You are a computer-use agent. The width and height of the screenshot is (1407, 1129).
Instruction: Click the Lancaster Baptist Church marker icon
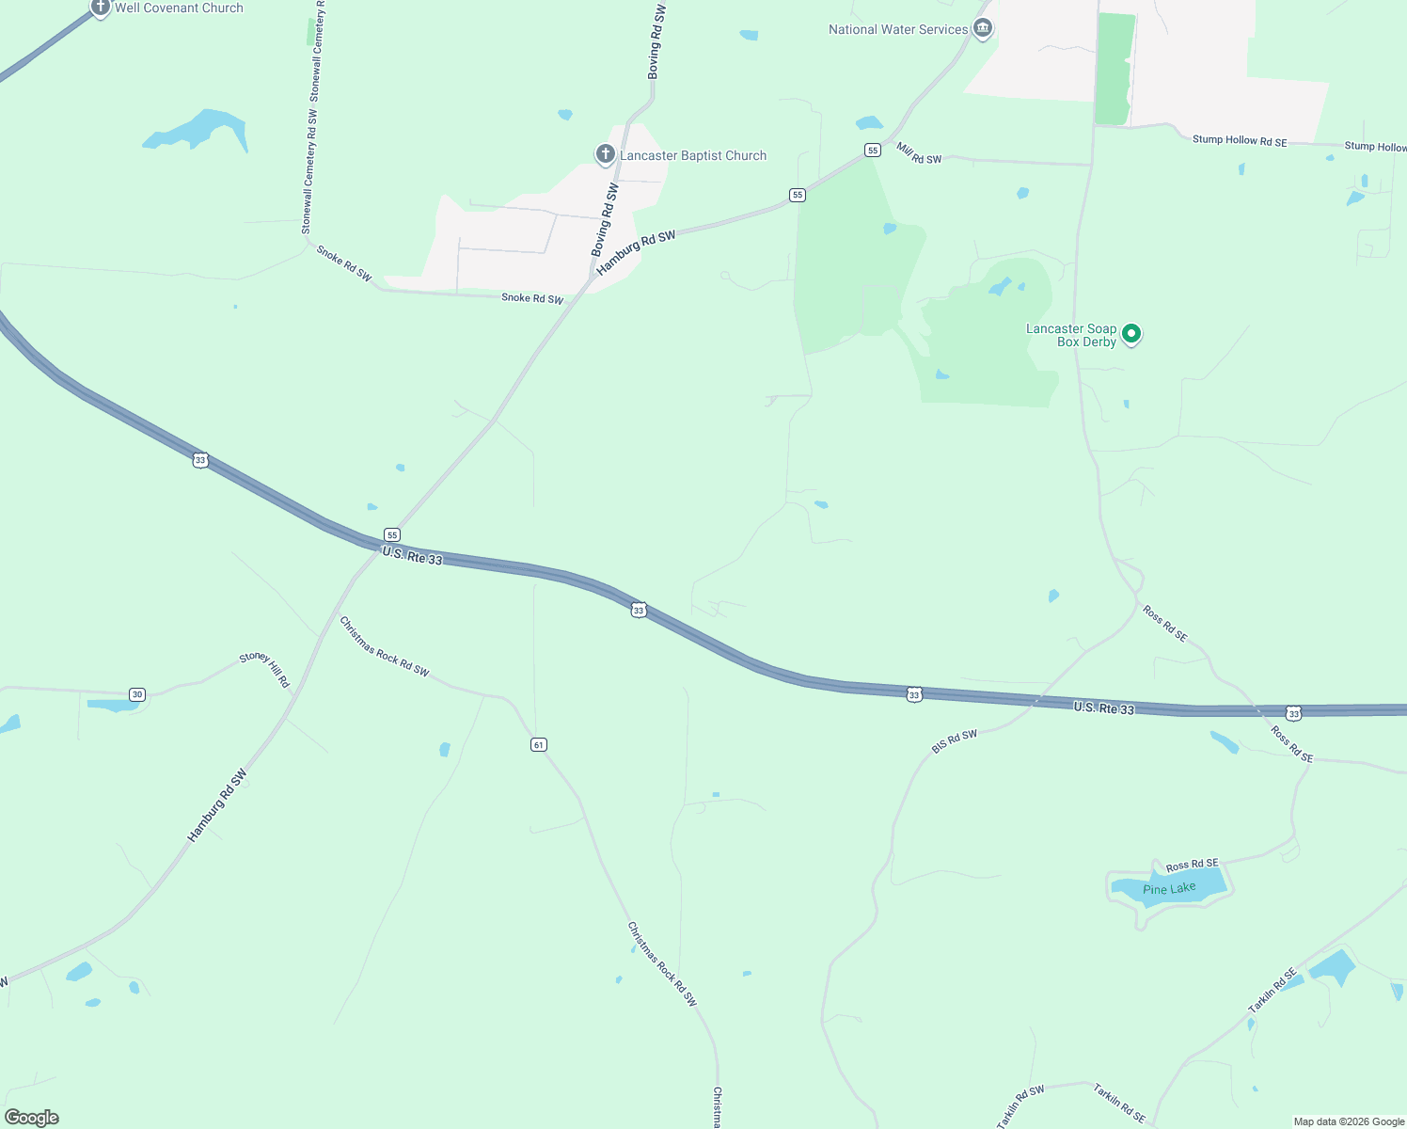(x=606, y=153)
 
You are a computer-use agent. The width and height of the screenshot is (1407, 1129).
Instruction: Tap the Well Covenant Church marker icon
(x=101, y=8)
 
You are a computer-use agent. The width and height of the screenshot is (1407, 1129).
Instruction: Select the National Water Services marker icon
(x=983, y=28)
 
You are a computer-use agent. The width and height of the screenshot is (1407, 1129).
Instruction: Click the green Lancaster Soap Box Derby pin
(x=1132, y=334)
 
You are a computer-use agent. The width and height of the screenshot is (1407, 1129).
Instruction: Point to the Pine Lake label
(x=1169, y=889)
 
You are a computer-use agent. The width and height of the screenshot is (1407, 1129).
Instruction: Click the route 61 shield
(x=538, y=744)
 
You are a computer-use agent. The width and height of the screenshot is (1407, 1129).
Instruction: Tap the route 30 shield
(x=137, y=694)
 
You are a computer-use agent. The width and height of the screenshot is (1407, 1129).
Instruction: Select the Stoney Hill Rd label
(x=265, y=669)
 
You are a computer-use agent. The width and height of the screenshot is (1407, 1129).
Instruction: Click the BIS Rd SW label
(x=955, y=741)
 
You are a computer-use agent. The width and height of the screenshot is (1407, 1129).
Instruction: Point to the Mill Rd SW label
(x=919, y=153)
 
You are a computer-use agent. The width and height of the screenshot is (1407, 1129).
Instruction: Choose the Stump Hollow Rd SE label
(x=1240, y=140)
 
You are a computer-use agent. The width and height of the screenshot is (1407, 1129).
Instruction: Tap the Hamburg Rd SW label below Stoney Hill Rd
(x=217, y=805)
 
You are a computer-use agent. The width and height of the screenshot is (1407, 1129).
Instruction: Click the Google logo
(x=32, y=1118)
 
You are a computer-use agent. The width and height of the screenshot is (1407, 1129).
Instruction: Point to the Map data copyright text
(x=1349, y=1121)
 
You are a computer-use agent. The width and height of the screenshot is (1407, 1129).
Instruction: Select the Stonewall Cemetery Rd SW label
(x=308, y=172)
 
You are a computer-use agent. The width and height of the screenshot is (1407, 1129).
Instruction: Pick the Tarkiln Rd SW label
(x=1020, y=1106)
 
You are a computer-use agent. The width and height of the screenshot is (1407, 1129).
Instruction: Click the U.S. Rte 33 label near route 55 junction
(x=412, y=556)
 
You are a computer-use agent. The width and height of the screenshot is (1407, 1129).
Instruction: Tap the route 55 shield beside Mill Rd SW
(x=873, y=151)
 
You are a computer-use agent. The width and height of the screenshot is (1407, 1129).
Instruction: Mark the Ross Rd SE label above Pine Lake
(x=1192, y=865)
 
